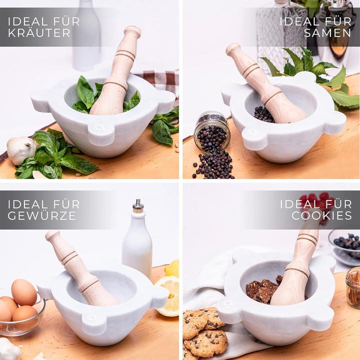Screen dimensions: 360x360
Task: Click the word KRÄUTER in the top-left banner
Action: tap(32, 33)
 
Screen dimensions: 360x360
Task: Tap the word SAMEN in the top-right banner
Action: tap(327, 33)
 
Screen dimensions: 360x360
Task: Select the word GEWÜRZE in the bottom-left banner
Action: tap(41, 216)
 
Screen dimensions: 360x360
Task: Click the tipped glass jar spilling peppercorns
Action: tap(212, 130)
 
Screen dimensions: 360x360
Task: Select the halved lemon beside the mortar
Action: tap(167, 295)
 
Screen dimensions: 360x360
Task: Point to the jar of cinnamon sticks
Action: tap(353, 287)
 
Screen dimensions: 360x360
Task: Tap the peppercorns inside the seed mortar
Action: tap(263, 114)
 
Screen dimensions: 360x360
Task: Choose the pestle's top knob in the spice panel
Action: tap(52, 236)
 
